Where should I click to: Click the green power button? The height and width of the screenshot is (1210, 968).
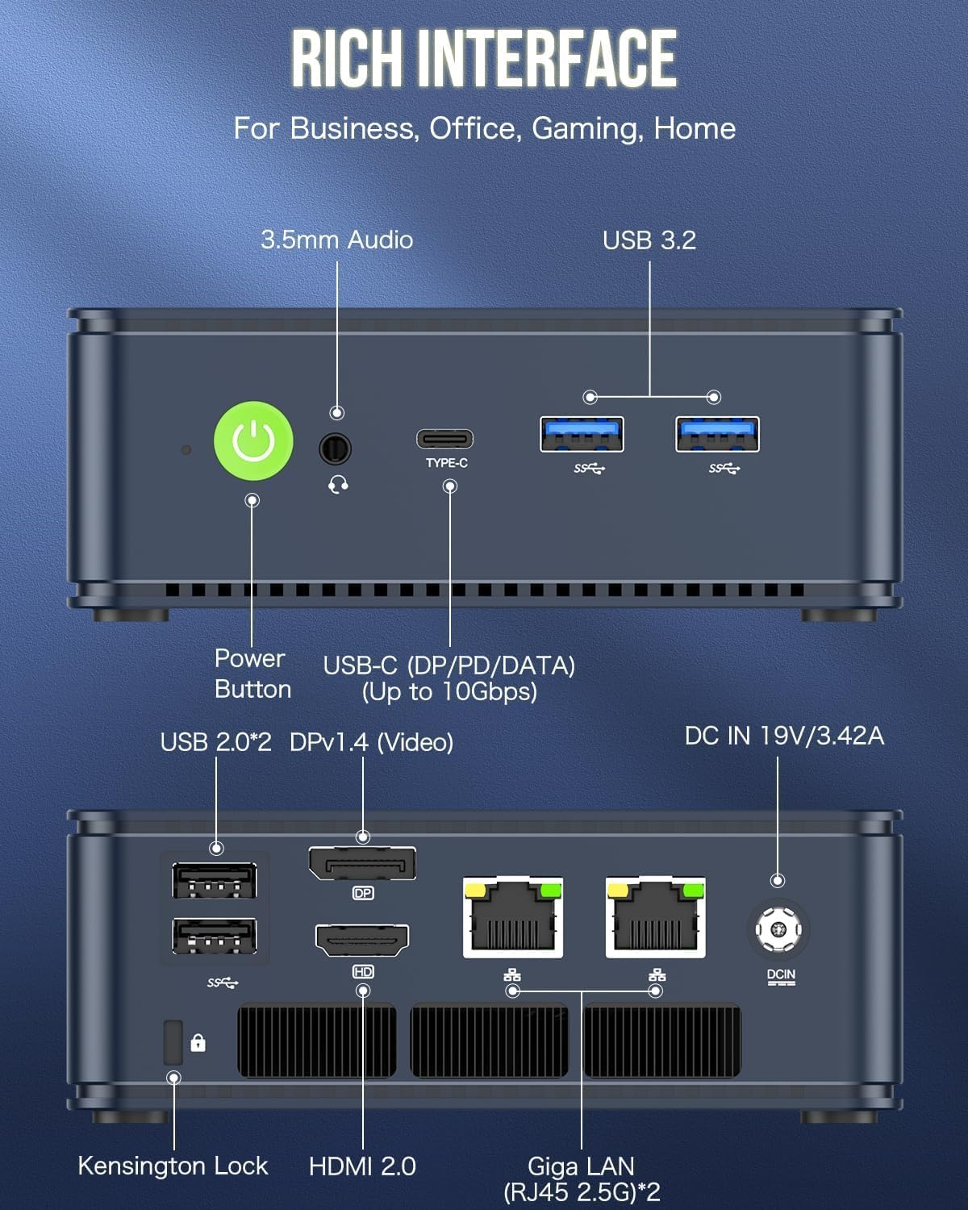[252, 441]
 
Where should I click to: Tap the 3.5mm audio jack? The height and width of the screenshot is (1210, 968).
[335, 449]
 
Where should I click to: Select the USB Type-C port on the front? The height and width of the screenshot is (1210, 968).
[444, 440]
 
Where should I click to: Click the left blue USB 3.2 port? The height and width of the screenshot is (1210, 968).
[582, 435]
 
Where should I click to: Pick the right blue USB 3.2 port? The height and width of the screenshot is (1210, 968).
[717, 435]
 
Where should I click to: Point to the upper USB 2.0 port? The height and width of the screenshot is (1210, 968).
[215, 880]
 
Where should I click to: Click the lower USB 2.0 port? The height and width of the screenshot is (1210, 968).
[215, 937]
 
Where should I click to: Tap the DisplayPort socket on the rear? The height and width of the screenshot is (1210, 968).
[362, 865]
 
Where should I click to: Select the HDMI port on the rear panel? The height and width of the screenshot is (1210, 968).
[362, 940]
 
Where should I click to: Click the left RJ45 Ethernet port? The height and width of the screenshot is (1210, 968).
[513, 918]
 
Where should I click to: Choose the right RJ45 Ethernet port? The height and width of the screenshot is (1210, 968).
[656, 918]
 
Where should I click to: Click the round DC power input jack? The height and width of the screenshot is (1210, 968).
[778, 928]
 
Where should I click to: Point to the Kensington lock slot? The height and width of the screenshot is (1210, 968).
[173, 1042]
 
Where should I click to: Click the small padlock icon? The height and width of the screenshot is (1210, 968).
[198, 1043]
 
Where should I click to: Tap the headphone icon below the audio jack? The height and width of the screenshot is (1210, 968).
[339, 484]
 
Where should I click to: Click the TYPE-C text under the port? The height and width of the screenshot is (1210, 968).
[447, 463]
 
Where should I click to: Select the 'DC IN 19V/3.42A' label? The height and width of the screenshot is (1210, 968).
[784, 736]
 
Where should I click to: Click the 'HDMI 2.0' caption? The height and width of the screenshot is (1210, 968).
[362, 1166]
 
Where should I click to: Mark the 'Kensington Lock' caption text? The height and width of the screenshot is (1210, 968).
[173, 1166]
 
